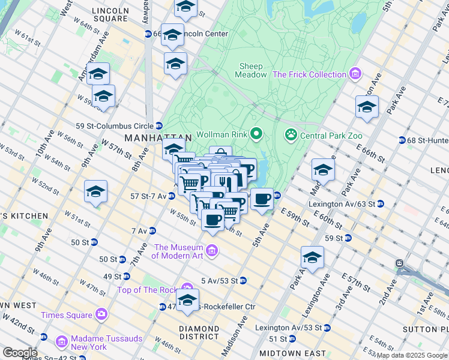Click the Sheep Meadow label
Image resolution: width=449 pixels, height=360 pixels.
(x=252, y=70)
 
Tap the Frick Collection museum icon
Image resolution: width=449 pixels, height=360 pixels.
(x=355, y=74)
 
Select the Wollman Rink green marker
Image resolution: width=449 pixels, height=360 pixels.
(x=257, y=133)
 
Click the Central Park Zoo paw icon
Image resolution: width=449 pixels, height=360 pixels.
(x=291, y=134)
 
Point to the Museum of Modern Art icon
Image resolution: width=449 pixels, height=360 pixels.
(x=211, y=250)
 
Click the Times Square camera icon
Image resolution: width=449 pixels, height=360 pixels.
(x=101, y=314)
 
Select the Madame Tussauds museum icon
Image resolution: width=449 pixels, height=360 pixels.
(x=61, y=342)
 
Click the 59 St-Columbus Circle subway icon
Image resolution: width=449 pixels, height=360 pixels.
(x=159, y=125)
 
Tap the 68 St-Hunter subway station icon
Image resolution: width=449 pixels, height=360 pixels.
(x=402, y=140)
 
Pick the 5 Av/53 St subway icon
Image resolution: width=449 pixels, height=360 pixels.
(x=243, y=280)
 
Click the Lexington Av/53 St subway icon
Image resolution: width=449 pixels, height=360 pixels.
(x=327, y=328)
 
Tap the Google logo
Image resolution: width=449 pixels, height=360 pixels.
(x=19, y=353)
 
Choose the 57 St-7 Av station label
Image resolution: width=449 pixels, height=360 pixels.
(x=148, y=196)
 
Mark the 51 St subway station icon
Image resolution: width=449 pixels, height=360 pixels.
(x=292, y=338)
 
